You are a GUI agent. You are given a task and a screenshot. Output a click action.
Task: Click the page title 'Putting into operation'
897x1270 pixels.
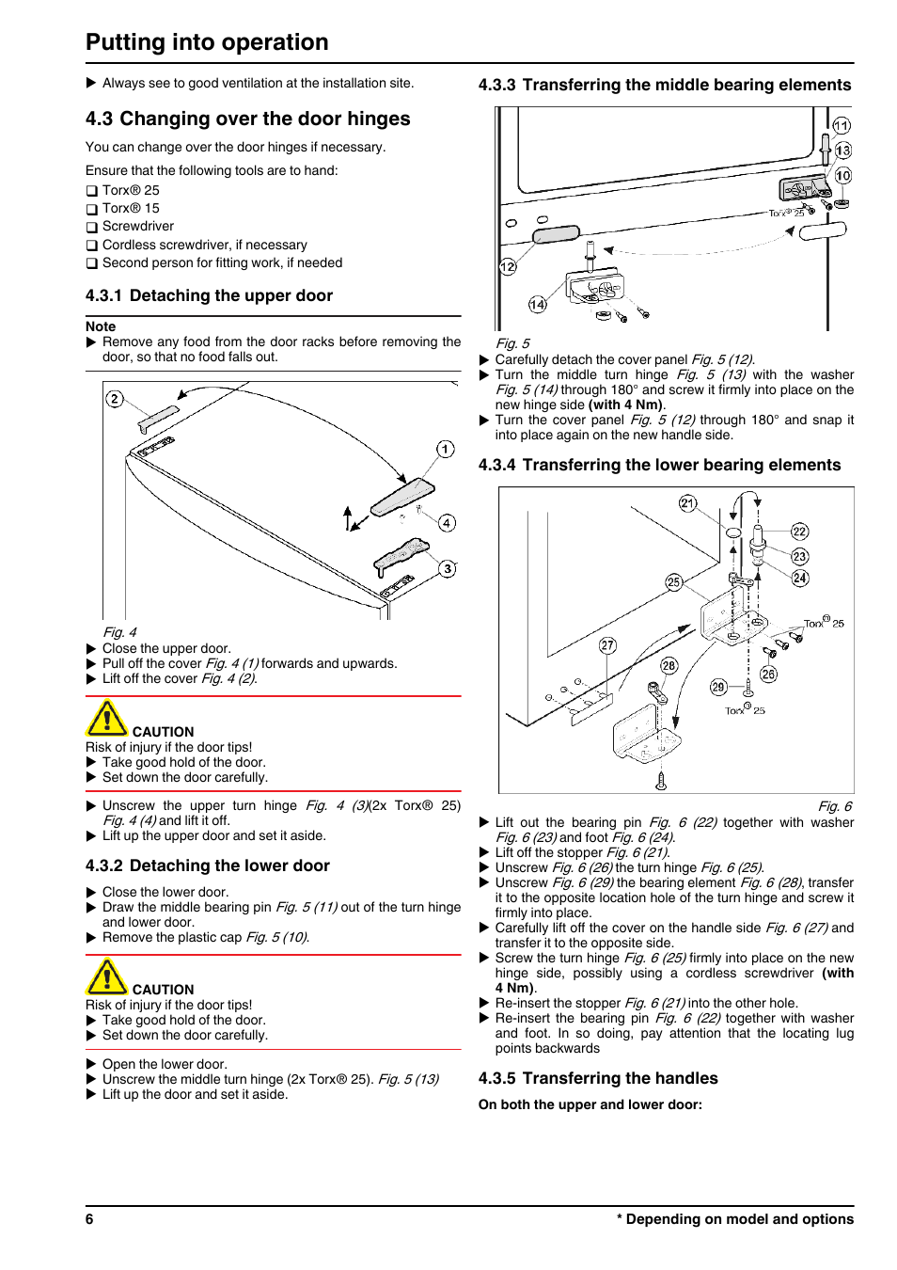point(207,42)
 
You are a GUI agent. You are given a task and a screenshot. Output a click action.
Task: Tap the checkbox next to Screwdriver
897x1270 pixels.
point(92,228)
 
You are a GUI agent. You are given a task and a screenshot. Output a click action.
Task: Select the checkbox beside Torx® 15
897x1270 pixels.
point(92,210)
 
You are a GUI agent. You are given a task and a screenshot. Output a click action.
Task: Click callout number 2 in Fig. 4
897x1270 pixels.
point(115,399)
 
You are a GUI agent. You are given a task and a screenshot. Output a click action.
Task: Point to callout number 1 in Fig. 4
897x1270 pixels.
point(446,449)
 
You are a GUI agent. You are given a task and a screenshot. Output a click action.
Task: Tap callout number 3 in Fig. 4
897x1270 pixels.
point(448,568)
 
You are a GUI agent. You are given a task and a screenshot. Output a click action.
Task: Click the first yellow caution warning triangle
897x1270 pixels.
point(106,720)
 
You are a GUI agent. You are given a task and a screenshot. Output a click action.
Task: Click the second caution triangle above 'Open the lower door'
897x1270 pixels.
point(106,977)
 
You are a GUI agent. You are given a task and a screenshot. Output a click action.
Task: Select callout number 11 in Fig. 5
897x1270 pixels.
point(842,125)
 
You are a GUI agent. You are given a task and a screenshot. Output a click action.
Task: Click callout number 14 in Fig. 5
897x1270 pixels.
point(537,304)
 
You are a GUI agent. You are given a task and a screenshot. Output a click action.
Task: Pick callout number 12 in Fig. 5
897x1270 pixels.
point(508,266)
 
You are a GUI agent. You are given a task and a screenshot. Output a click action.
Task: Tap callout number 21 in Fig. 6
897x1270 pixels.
point(688,503)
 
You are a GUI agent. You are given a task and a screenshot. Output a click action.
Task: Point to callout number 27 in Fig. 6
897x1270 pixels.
point(607,645)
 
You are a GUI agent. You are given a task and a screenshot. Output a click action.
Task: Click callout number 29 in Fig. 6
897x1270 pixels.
point(718,687)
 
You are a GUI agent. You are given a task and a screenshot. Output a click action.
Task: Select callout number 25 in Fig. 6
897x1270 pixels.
point(673,582)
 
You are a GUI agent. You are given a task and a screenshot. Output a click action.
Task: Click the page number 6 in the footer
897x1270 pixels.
point(89,1219)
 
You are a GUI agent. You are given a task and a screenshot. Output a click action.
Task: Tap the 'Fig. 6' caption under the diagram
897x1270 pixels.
point(835,806)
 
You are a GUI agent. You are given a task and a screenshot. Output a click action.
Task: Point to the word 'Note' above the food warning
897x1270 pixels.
point(101,326)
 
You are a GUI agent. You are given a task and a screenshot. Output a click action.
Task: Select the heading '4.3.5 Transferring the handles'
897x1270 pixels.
point(598,1078)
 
